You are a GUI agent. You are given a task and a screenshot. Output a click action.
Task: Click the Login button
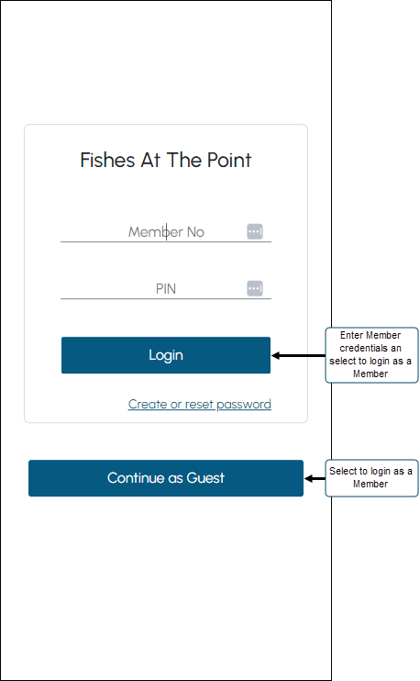click(x=166, y=355)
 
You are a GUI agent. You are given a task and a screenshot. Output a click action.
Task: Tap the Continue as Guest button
click(x=166, y=478)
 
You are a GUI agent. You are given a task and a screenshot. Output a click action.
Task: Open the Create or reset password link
click(x=200, y=405)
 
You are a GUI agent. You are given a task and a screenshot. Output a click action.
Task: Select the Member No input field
click(x=166, y=232)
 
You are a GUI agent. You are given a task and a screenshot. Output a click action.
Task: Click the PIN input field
click(x=166, y=289)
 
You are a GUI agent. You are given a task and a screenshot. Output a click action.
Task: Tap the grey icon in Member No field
click(x=255, y=231)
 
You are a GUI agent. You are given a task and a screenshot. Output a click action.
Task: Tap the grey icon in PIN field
click(x=255, y=288)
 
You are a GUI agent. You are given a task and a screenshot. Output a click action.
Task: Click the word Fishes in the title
click(x=107, y=161)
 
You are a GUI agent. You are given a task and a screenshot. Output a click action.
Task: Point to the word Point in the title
click(x=229, y=161)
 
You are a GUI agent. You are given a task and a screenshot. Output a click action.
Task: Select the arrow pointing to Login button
click(x=299, y=356)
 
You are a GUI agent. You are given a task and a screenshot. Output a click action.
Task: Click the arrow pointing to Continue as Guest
click(x=315, y=478)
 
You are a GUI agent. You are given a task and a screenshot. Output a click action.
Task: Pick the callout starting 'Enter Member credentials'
click(x=371, y=355)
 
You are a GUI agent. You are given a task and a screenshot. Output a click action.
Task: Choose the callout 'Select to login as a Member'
click(x=371, y=478)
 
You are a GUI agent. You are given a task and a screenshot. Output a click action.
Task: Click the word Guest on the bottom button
click(x=205, y=478)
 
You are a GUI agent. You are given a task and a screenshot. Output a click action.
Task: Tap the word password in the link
click(x=244, y=405)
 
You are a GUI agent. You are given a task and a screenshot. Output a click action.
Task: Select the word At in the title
click(x=150, y=161)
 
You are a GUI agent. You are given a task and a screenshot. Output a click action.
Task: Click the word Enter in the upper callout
click(x=350, y=335)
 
